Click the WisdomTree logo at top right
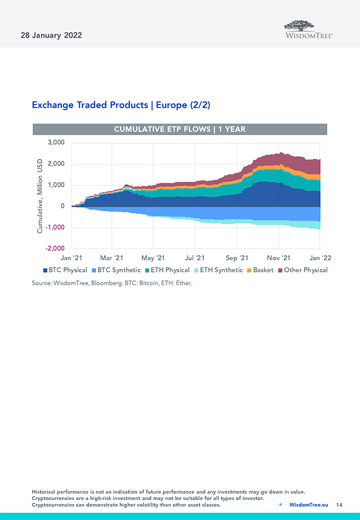pyautogui.click(x=308, y=29)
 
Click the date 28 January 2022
pyautogui.click(x=52, y=35)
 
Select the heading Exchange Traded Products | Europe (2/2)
pyautogui.click(x=121, y=105)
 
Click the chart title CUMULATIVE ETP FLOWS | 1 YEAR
pyautogui.click(x=179, y=130)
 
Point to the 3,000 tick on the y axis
pyautogui.click(x=55, y=143)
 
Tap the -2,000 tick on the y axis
pyautogui.click(x=54, y=249)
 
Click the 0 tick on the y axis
pyautogui.click(x=62, y=206)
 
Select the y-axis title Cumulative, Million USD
pyautogui.click(x=40, y=196)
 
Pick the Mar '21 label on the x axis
pyautogui.click(x=112, y=258)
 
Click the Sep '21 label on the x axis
pyautogui.click(x=236, y=258)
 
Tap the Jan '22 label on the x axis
pyautogui.click(x=320, y=258)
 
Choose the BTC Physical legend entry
pyautogui.click(x=65, y=270)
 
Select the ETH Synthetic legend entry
pyautogui.click(x=217, y=270)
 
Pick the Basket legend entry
pyautogui.click(x=260, y=270)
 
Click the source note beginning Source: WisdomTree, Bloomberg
pyautogui.click(x=112, y=283)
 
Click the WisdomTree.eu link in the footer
pyautogui.click(x=308, y=505)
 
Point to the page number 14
pyautogui.click(x=340, y=505)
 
